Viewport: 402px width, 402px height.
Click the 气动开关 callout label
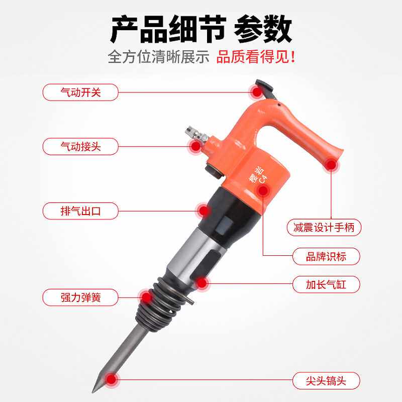click(x=80, y=92)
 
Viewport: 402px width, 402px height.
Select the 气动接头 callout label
click(x=80, y=147)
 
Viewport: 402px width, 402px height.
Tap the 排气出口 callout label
click(x=80, y=211)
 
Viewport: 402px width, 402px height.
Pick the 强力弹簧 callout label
click(x=80, y=297)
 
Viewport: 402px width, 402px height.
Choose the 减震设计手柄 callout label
click(x=324, y=228)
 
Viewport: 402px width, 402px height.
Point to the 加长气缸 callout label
click(x=326, y=285)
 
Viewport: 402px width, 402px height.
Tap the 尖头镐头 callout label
click(x=326, y=379)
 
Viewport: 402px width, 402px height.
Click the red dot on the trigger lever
click(x=257, y=92)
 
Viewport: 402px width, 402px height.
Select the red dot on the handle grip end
click(x=331, y=165)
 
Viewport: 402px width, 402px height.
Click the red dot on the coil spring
click(x=146, y=297)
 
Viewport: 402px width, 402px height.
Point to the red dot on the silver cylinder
click(x=202, y=284)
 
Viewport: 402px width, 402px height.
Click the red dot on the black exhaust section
click(x=203, y=211)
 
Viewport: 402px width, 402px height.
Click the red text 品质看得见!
click(x=256, y=57)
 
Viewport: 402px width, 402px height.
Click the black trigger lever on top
click(x=264, y=86)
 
